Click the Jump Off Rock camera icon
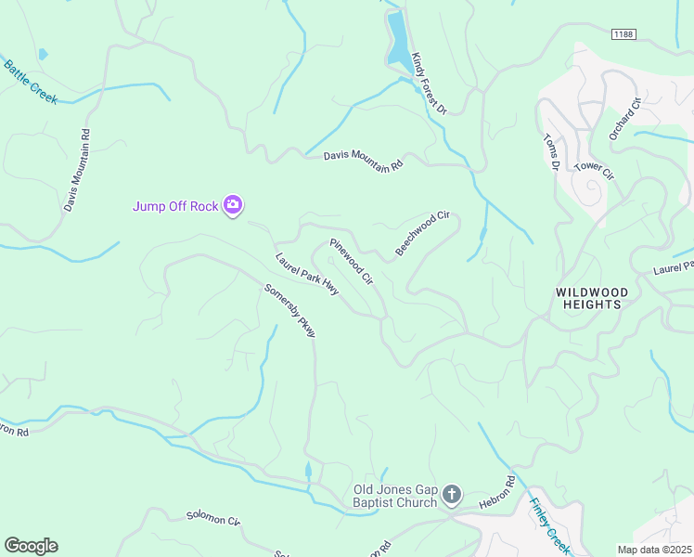click(234, 205)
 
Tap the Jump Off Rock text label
click(175, 206)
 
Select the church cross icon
click(451, 495)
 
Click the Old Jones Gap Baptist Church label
click(394, 497)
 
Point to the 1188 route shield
click(623, 34)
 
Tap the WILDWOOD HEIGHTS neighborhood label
click(592, 298)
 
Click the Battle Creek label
click(30, 82)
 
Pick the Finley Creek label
click(549, 525)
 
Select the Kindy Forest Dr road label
click(430, 84)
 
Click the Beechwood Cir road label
click(422, 233)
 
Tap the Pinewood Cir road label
click(351, 261)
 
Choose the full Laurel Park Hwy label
click(307, 275)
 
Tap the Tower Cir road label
click(594, 170)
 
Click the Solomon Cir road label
click(212, 518)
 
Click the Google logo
click(31, 546)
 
